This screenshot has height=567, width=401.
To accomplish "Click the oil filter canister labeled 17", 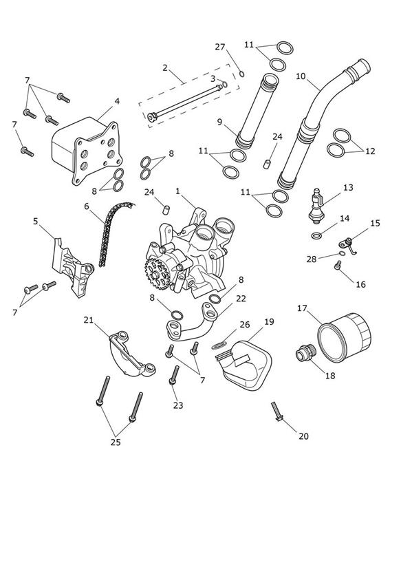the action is point(344,336).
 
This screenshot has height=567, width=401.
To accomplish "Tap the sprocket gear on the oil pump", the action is point(157,274).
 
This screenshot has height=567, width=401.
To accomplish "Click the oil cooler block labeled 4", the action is point(86,150).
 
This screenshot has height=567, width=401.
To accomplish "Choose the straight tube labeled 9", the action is point(257,110).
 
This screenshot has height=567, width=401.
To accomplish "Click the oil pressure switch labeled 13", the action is point(316,205).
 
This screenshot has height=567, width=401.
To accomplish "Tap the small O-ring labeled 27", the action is point(242,74).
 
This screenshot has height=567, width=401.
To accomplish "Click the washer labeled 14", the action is point(316,236).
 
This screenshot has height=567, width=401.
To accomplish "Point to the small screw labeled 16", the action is point(338,266).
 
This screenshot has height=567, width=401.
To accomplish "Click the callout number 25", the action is point(116,442).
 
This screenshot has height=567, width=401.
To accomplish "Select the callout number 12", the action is point(370,151).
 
